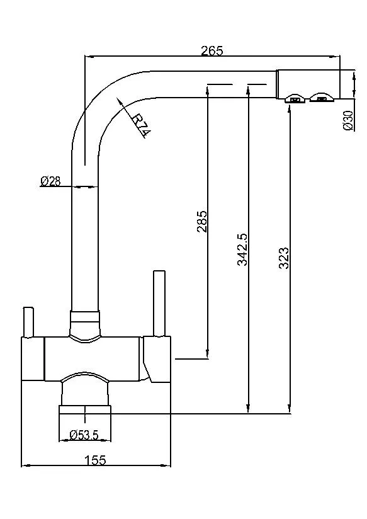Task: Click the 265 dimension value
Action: tap(212, 51)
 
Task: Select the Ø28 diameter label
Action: tap(50, 181)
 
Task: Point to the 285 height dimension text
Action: tap(201, 222)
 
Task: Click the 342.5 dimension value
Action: tap(242, 249)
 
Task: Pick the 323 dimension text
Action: tap(284, 258)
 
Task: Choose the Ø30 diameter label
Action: tap(347, 120)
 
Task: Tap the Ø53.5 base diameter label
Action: tap(84, 435)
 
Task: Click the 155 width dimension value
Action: tap(95, 460)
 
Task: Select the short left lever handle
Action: tap(28, 322)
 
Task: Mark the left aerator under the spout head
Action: tap(294, 98)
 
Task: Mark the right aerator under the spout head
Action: tap(322, 98)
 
